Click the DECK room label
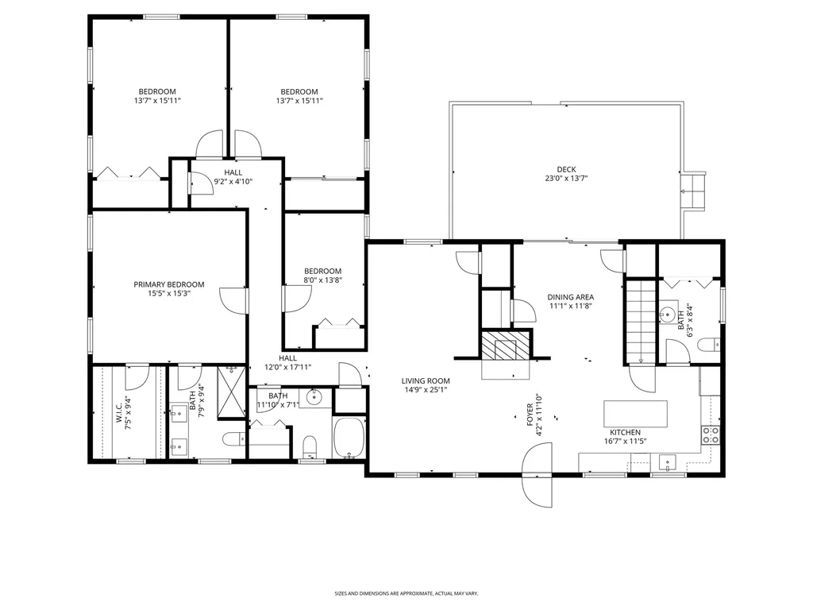coord(566,169)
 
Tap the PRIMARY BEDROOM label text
coord(169,284)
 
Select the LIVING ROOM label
coord(426,380)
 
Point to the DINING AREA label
coord(571,297)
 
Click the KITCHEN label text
coord(625,432)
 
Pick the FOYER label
coord(530,415)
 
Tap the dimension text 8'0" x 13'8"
coord(322,280)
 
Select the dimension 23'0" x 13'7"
coord(566,179)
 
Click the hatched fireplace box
coord(506,346)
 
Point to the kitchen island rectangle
coord(636,413)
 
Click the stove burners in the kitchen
coord(711,434)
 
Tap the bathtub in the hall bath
coord(350,438)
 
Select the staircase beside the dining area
coord(641,322)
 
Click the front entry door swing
coord(538,475)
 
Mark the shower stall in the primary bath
coord(231,392)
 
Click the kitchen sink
coord(666,462)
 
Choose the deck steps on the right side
coord(694,191)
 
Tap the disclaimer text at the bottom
coord(406,593)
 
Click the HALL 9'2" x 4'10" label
coord(233,177)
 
